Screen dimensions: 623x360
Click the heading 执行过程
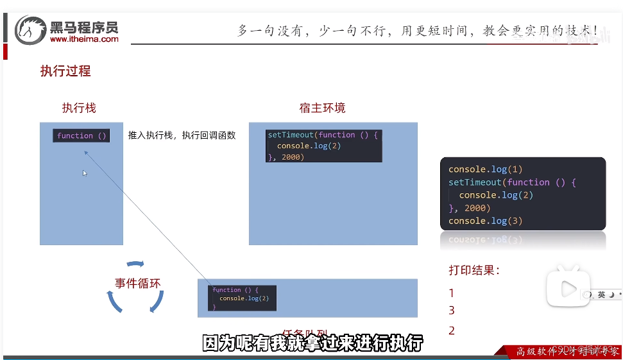[65, 71]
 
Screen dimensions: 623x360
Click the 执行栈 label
[79, 108]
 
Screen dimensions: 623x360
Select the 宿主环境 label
[322, 108]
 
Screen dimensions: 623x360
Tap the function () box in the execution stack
[81, 136]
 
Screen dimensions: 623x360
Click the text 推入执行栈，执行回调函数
[182, 135]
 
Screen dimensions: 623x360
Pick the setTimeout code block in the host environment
[324, 146]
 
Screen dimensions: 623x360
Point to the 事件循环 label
[137, 283]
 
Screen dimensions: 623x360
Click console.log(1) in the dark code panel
[486, 169]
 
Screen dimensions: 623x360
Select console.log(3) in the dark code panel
[486, 221]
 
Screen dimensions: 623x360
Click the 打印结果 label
[474, 270]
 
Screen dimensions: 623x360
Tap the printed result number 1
[452, 293]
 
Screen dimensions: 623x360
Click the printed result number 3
[452, 311]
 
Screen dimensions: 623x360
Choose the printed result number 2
[452, 331]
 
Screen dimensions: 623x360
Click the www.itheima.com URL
[84, 39]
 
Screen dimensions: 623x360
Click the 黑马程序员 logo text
[84, 27]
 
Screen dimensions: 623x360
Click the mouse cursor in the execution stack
[85, 173]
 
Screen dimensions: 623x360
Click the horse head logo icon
[30, 30]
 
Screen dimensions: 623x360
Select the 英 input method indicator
[601, 295]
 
